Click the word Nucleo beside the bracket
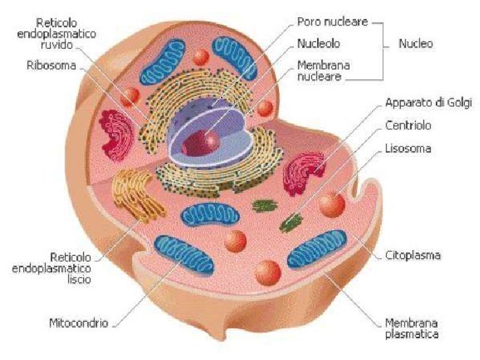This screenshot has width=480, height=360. click(416, 44)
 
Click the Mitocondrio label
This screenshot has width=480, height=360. click(78, 324)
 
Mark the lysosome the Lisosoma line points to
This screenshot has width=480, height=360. click(332, 204)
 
